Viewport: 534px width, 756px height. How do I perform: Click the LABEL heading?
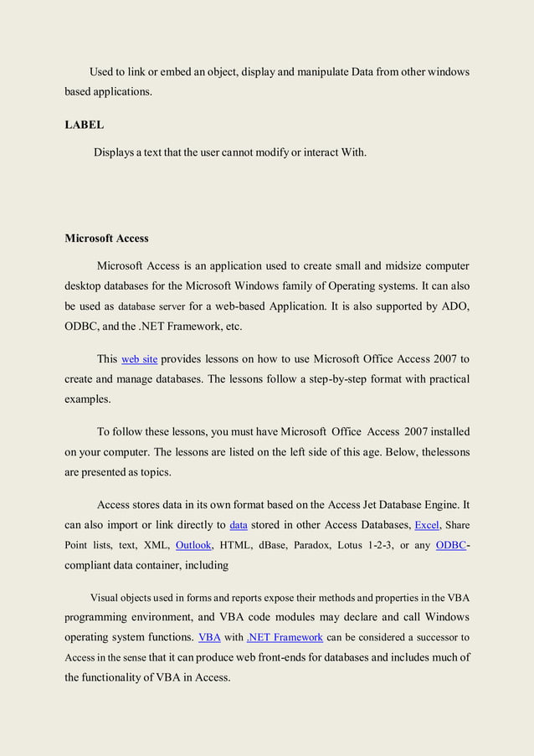(x=85, y=125)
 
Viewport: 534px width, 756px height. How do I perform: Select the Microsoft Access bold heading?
(x=106, y=239)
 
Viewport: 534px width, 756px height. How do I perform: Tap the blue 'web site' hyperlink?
(x=140, y=359)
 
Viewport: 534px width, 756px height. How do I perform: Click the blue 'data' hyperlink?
(x=239, y=526)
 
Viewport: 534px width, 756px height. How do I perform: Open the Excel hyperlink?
(x=427, y=526)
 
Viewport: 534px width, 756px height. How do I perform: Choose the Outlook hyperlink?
(x=193, y=545)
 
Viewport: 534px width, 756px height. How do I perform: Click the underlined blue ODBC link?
(x=450, y=545)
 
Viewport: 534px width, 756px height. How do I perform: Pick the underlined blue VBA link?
(x=209, y=637)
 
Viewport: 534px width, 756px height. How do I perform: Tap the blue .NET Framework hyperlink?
(x=285, y=637)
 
